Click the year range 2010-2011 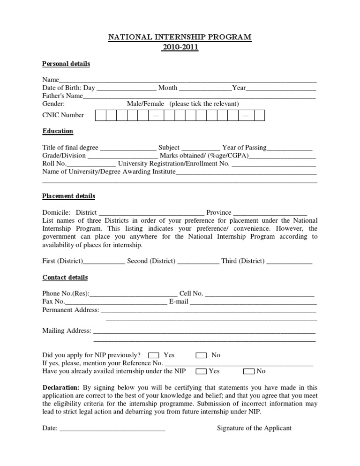(x=180, y=47)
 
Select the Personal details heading (x=66, y=64)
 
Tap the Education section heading (x=58, y=131)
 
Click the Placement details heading (x=68, y=196)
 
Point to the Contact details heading (x=65, y=278)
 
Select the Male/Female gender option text (x=145, y=104)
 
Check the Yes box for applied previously (x=153, y=355)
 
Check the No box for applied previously (x=201, y=355)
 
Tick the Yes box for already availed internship (x=201, y=371)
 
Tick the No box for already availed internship (x=249, y=371)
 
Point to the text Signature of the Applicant (x=254, y=428)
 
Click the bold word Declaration (x=61, y=387)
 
